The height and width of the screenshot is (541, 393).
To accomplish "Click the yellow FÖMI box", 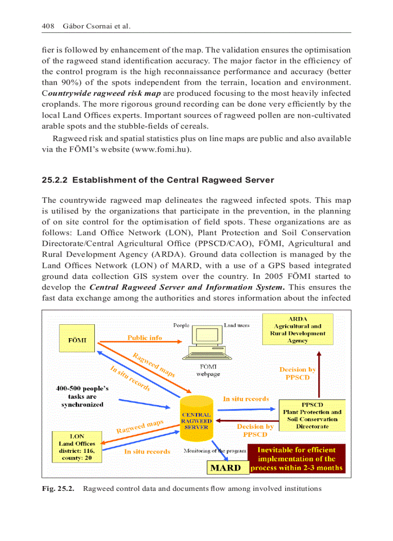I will pyautogui.click(x=78, y=340).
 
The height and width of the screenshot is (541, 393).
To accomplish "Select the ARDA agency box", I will pyautogui.click(x=297, y=330).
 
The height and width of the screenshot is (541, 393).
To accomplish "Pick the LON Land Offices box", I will pyautogui.click(x=77, y=447).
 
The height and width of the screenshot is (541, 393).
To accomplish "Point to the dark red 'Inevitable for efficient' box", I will pyautogui.click(x=297, y=459).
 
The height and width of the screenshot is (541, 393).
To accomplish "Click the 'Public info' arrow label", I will pyautogui.click(x=144, y=338).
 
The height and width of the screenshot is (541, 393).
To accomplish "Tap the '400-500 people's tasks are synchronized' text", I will pyautogui.click(x=82, y=396).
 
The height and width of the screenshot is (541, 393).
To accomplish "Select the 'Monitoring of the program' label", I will pyautogui.click(x=215, y=451).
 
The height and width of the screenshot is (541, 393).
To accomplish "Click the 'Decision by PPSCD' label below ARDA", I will pyautogui.click(x=298, y=373).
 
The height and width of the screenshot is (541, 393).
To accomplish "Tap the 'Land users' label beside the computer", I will pyautogui.click(x=236, y=325).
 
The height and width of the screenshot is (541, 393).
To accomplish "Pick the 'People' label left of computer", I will pyautogui.click(x=181, y=325).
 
